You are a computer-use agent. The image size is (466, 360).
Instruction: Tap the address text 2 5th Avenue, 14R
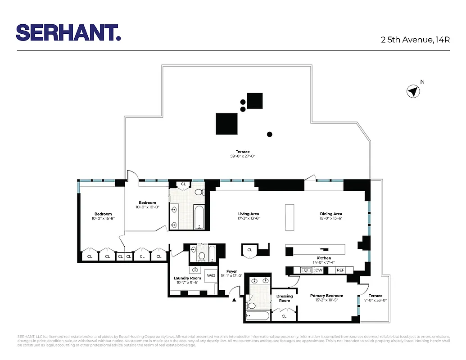pos(415,40)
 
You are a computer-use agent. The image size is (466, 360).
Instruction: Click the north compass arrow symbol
pos(412,92)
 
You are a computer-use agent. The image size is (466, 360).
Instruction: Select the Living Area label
pos(249,214)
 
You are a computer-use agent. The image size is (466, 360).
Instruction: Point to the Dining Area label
pos(331,214)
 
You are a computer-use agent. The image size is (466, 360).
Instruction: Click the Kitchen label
pos(324,258)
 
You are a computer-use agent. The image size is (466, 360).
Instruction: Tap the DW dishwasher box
pos(319,270)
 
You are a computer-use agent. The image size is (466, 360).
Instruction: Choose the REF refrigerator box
pos(340,270)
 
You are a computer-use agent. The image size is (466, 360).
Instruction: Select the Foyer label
pos(231,271)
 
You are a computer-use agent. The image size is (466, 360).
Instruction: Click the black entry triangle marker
pos(234,300)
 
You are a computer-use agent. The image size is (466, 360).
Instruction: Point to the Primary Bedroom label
pos(326,296)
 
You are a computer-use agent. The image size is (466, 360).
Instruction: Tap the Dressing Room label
pos(284,298)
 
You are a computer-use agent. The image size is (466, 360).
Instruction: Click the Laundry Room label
pos(187,278)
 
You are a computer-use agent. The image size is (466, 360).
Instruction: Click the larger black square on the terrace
pos(226,124)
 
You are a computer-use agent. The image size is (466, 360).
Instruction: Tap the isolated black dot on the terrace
pos(270,134)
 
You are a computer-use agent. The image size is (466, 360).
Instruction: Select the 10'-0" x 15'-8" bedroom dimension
pos(103,219)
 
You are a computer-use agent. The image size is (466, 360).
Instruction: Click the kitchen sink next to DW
pos(306,270)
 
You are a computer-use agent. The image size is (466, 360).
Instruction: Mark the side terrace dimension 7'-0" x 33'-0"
pos(375,300)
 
